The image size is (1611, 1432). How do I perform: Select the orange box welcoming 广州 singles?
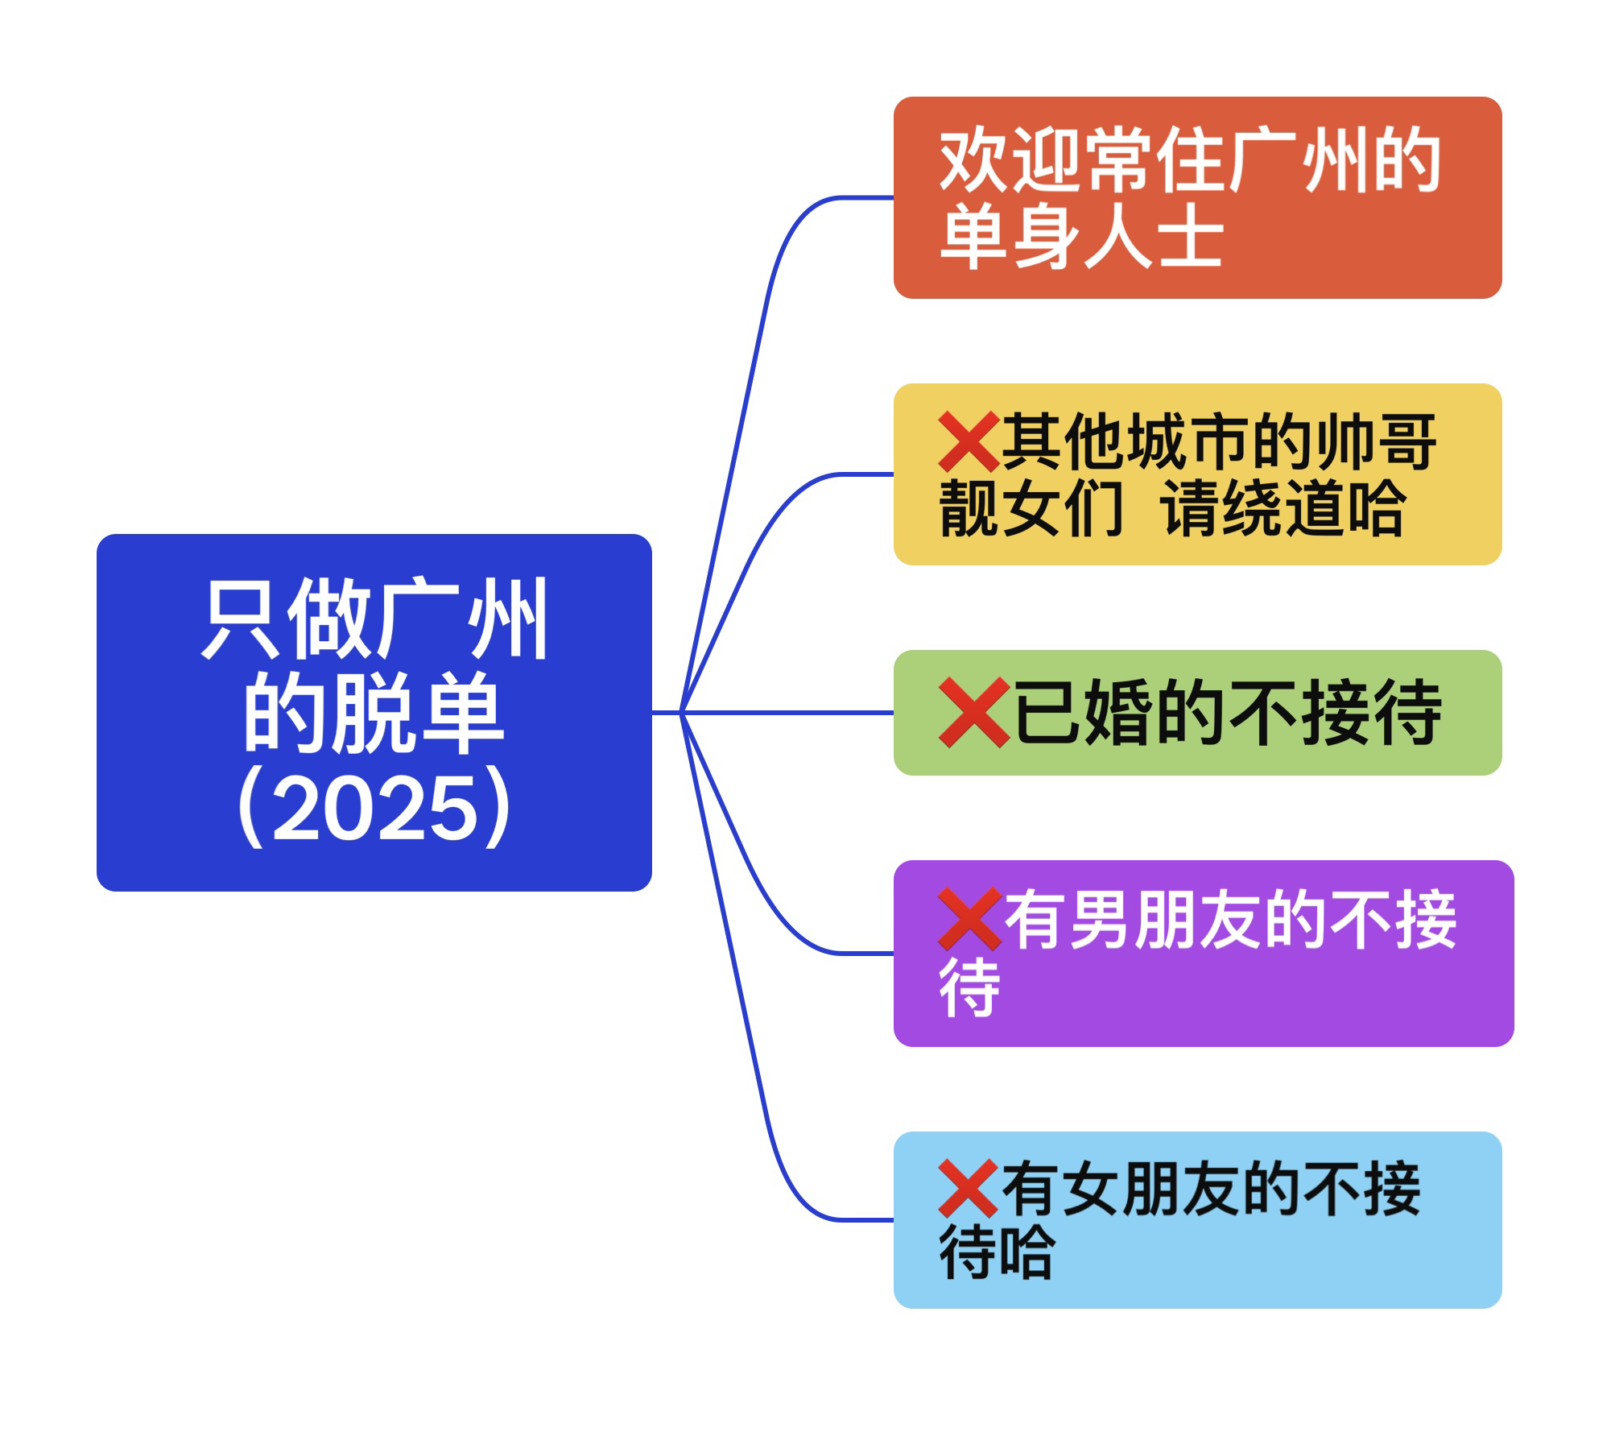click(x=1197, y=197)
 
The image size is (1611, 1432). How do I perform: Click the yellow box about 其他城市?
click(x=1197, y=474)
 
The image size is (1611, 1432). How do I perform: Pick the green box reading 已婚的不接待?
click(x=1197, y=712)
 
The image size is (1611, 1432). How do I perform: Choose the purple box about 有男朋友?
click(x=1203, y=954)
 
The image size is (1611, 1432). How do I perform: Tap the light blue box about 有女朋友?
click(x=1197, y=1219)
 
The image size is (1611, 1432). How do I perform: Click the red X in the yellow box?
click(x=969, y=441)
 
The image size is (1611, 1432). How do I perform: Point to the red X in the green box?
click(x=973, y=712)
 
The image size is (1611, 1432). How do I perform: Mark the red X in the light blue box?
click(x=969, y=1189)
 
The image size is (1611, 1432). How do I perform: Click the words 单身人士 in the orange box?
click(x=1081, y=236)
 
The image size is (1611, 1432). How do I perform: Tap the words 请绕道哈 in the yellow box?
click(x=1283, y=509)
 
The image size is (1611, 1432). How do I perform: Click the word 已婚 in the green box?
click(x=1081, y=712)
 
